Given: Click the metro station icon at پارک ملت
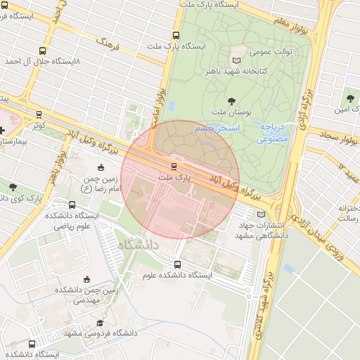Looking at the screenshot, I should click(x=173, y=166).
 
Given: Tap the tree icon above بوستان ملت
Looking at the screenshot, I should click(x=231, y=101).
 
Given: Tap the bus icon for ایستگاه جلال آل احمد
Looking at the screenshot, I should click(x=43, y=51).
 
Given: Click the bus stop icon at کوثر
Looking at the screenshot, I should click(x=39, y=114).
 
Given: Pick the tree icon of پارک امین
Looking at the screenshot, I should click(x=351, y=98).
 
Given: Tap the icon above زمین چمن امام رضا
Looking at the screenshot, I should click(x=101, y=167).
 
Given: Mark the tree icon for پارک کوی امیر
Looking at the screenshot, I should click(x=13, y=187).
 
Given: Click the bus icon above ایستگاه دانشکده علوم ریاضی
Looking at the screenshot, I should click(x=91, y=205).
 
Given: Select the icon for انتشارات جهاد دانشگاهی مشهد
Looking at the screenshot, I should click(x=262, y=214).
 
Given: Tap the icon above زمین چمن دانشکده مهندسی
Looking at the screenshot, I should click(x=87, y=279).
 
